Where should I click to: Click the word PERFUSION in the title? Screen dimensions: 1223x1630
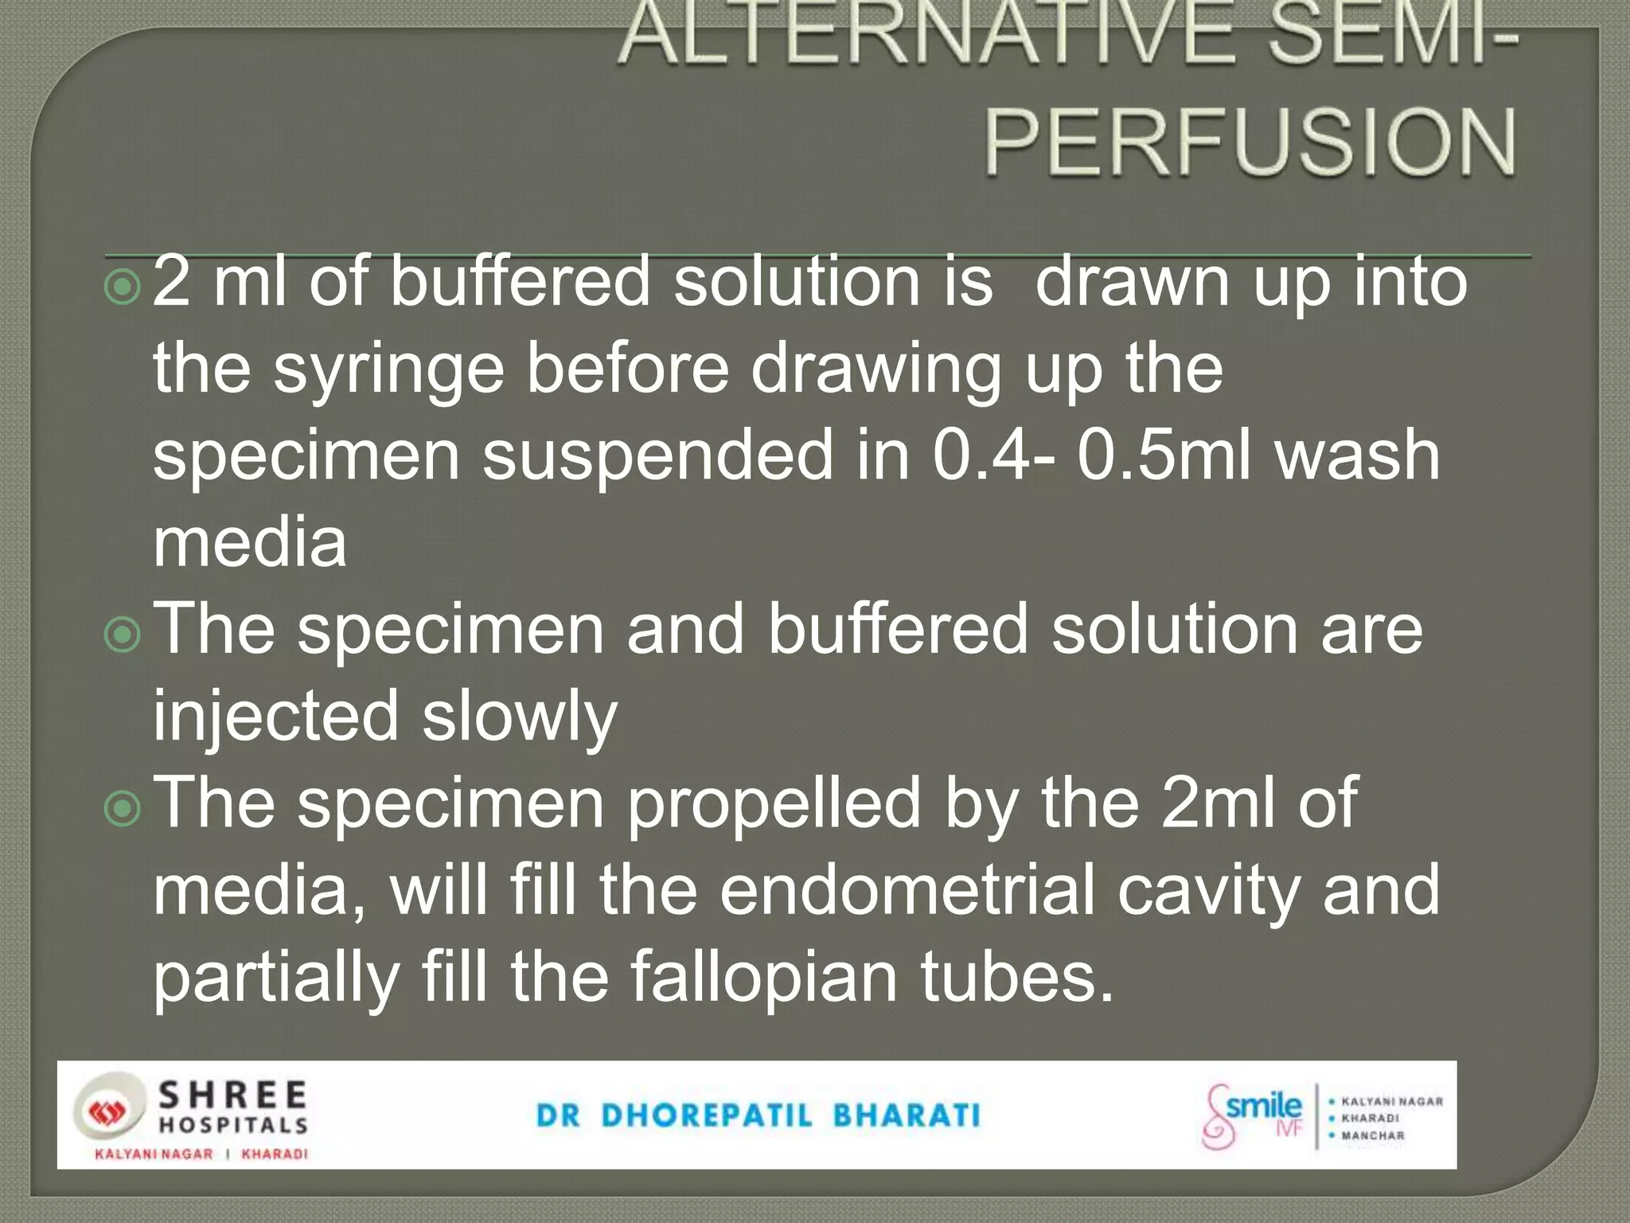pos(1250,143)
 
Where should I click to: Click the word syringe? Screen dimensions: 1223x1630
pos(389,370)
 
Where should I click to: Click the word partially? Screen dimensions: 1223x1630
pos(275,979)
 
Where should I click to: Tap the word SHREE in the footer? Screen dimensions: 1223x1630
pos(233,1096)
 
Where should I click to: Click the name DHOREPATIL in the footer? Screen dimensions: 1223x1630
pos(706,1116)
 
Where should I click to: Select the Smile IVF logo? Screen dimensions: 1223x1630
pos(1253,1115)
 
